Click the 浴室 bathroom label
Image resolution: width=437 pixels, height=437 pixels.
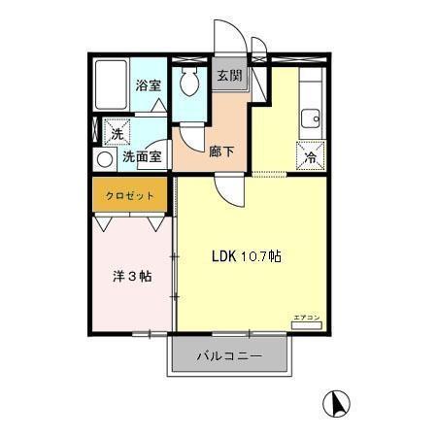point(148,84)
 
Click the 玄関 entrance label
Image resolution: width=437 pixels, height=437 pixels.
point(228,76)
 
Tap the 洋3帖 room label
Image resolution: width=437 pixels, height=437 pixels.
point(132,276)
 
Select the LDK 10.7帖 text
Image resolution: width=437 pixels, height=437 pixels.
point(248,257)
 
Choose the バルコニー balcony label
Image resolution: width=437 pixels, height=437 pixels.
point(229,356)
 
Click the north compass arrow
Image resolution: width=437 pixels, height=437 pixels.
point(333,401)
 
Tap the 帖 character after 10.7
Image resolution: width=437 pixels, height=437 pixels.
point(277,257)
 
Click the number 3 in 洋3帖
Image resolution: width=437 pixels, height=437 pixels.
point(132,276)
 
